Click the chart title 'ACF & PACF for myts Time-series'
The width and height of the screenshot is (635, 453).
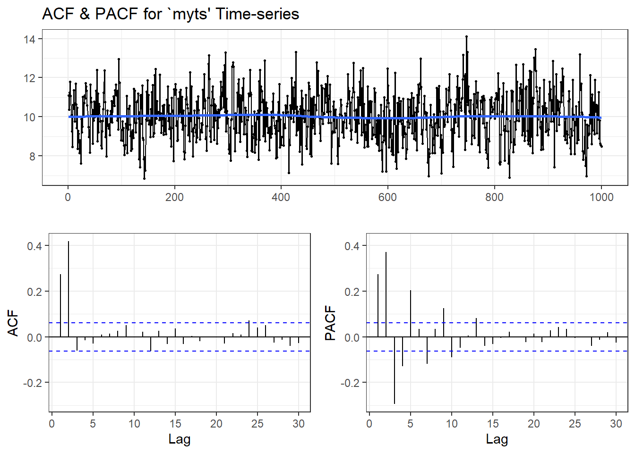click(171, 14)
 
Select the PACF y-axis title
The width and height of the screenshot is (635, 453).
click(330, 323)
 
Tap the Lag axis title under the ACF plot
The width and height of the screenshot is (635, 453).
click(180, 439)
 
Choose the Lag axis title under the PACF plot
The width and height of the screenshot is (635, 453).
click(497, 439)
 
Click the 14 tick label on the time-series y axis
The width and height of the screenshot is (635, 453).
click(29, 39)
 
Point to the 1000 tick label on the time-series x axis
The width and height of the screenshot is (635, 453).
click(601, 197)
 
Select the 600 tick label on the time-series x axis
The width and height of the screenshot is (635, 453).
click(387, 197)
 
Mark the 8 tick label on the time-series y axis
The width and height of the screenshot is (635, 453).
click(32, 156)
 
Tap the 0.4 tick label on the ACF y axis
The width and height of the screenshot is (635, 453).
click(34, 246)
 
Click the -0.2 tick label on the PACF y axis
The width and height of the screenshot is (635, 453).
click(350, 383)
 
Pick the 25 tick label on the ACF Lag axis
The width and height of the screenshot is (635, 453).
click(257, 423)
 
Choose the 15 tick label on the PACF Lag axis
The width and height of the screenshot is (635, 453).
click(493, 423)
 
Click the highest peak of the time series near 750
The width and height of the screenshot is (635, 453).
click(466, 36)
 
